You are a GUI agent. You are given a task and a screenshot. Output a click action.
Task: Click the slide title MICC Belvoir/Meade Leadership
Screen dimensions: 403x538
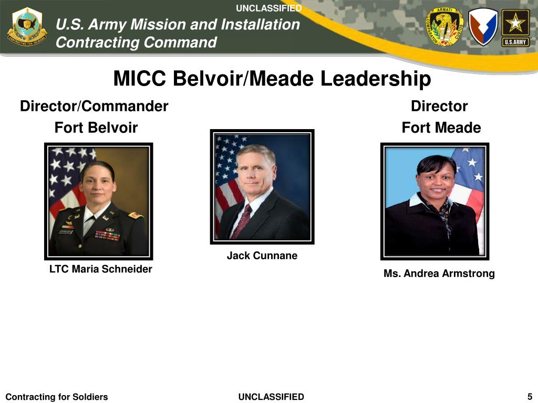coord(272,79)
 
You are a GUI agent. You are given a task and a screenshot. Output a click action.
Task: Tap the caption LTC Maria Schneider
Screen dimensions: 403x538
coord(101,269)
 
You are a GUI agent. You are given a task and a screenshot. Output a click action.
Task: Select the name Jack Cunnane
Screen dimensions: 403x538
coord(262,256)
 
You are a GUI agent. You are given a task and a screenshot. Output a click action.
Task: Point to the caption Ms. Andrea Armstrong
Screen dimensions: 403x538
coord(439,273)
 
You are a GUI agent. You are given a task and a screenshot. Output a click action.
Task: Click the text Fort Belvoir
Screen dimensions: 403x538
coord(96,128)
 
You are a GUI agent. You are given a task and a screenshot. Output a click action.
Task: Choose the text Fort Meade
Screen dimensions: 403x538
coord(441,128)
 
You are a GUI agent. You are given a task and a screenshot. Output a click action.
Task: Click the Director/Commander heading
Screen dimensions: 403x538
coord(94,107)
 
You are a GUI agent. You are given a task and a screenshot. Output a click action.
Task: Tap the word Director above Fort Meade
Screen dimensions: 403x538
coord(439,107)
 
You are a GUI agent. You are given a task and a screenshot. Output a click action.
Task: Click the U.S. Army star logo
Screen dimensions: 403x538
coord(515,27)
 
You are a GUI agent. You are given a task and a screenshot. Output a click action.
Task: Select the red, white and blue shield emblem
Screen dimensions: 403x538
coord(483,27)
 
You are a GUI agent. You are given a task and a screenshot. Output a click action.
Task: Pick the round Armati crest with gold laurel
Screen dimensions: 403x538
coord(444,27)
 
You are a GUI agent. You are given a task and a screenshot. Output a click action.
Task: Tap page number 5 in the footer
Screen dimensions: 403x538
coord(530,396)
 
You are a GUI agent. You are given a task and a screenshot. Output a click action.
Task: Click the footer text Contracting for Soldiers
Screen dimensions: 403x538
coord(56,397)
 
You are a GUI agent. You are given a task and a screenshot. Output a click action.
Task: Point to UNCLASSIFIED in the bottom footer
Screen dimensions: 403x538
coord(271,397)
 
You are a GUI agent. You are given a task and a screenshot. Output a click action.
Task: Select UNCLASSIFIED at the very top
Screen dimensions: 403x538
coord(269,8)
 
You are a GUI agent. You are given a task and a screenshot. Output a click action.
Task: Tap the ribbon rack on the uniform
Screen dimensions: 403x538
coord(108,235)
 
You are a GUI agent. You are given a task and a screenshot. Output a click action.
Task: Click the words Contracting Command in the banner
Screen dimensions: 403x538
coord(136,42)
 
